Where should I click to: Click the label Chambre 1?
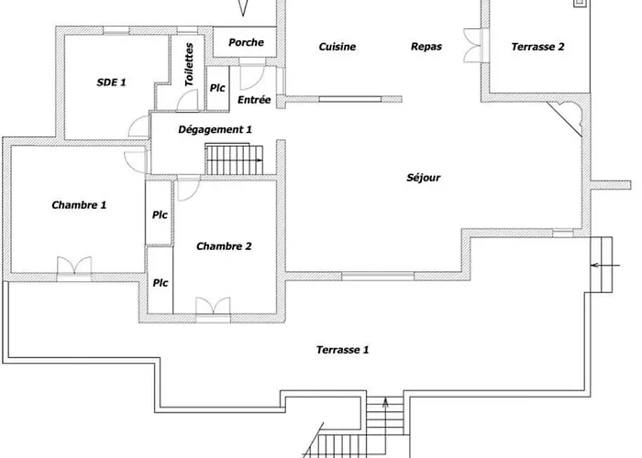point(79,205)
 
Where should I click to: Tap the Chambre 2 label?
point(224,245)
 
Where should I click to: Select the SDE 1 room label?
point(111,82)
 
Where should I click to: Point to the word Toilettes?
point(189,65)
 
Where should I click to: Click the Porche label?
point(246,42)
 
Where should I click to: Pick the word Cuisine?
point(338,47)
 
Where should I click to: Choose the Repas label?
point(426,47)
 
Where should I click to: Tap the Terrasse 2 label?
point(537,47)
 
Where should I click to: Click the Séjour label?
point(424,178)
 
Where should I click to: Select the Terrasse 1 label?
point(342,350)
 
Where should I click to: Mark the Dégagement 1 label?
point(215,129)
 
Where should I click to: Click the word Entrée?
point(253,100)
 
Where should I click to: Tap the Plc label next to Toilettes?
point(217,88)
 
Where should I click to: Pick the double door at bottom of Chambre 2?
point(213,309)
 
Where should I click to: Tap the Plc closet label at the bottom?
point(160,283)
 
